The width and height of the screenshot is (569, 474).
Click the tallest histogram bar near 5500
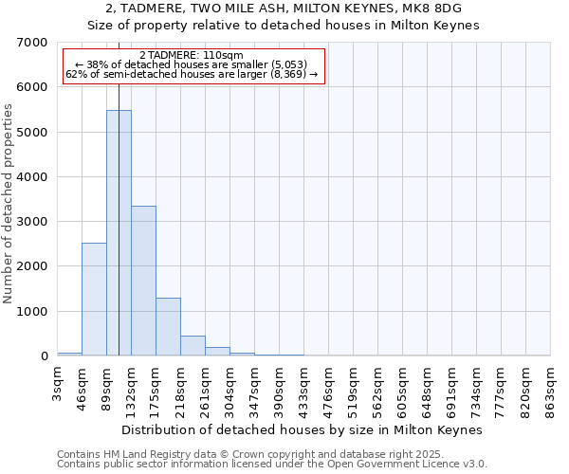coord(119,232)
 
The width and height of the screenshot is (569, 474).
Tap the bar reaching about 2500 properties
coord(94,299)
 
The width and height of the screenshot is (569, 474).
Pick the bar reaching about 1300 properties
coord(168,326)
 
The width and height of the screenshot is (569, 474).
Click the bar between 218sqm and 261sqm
coord(193,346)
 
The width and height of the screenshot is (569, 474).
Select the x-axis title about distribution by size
coord(303,429)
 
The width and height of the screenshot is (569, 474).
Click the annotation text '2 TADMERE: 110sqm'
coord(191,55)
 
